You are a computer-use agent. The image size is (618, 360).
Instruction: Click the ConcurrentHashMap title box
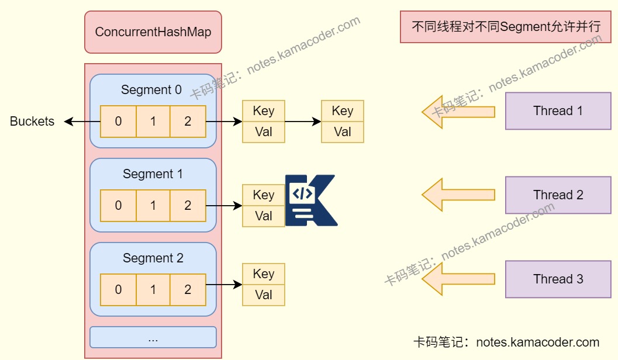pyautogui.click(x=153, y=32)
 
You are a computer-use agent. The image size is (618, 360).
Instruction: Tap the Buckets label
pyautogui.click(x=32, y=122)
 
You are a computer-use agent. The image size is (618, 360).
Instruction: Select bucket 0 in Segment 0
pyautogui.click(x=118, y=122)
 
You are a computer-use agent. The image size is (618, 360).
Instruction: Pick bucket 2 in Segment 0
pyautogui.click(x=188, y=122)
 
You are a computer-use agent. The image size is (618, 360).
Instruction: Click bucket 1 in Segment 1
pyautogui.click(x=153, y=205)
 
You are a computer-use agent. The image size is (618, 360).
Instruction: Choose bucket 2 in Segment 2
pyautogui.click(x=188, y=289)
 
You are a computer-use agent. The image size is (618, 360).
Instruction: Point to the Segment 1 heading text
pyautogui.click(x=153, y=174)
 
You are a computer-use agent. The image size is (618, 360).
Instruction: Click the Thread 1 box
pyautogui.click(x=558, y=111)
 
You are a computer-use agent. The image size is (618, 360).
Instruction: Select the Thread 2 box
pyautogui.click(x=558, y=195)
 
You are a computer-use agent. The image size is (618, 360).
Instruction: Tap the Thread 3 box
pyautogui.click(x=558, y=279)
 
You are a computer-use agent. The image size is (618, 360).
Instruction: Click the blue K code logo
pyautogui.click(x=310, y=200)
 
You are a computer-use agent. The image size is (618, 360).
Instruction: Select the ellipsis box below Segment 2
pyautogui.click(x=153, y=338)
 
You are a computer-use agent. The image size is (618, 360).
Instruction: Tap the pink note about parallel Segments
pyautogui.click(x=506, y=27)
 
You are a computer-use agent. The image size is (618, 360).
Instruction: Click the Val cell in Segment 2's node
pyautogui.click(x=264, y=295)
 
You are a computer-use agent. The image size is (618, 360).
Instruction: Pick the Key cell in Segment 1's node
pyautogui.click(x=264, y=195)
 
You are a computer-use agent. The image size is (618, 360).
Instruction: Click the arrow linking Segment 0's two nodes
pyautogui.click(x=302, y=122)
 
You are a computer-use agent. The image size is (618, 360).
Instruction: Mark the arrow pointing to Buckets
pyautogui.click(x=82, y=122)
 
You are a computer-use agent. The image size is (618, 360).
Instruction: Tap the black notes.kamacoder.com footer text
pyautogui.click(x=506, y=342)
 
